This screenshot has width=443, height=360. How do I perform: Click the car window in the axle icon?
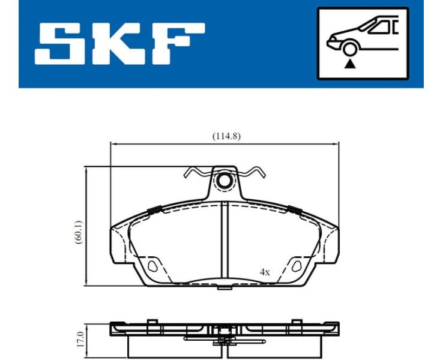[x=379, y=26]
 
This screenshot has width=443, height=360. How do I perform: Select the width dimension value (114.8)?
[x=226, y=136]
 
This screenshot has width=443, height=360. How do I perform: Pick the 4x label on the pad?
[x=265, y=272]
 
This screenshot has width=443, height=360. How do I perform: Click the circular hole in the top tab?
[x=225, y=179]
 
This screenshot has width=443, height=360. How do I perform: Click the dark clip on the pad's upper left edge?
[x=154, y=210]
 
